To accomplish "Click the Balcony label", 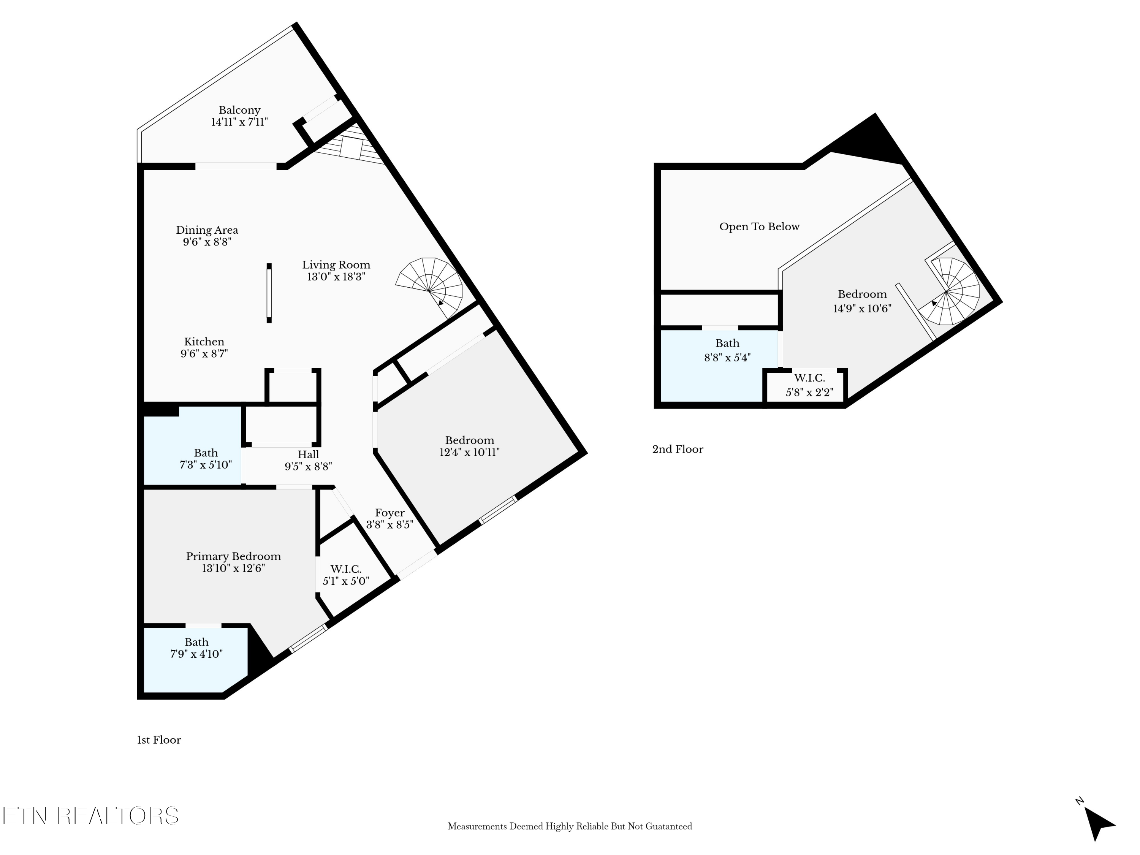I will (x=239, y=110).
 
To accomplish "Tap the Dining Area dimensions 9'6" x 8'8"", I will (x=207, y=242).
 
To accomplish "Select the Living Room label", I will (x=336, y=265).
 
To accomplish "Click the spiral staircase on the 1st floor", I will (x=430, y=287).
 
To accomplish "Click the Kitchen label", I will (x=204, y=342).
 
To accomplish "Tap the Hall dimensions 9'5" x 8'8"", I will (x=308, y=466).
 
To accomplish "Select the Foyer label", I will (x=389, y=513).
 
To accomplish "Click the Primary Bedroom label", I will (x=233, y=556).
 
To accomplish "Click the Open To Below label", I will (x=759, y=227).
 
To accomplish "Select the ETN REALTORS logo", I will (x=91, y=816).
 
